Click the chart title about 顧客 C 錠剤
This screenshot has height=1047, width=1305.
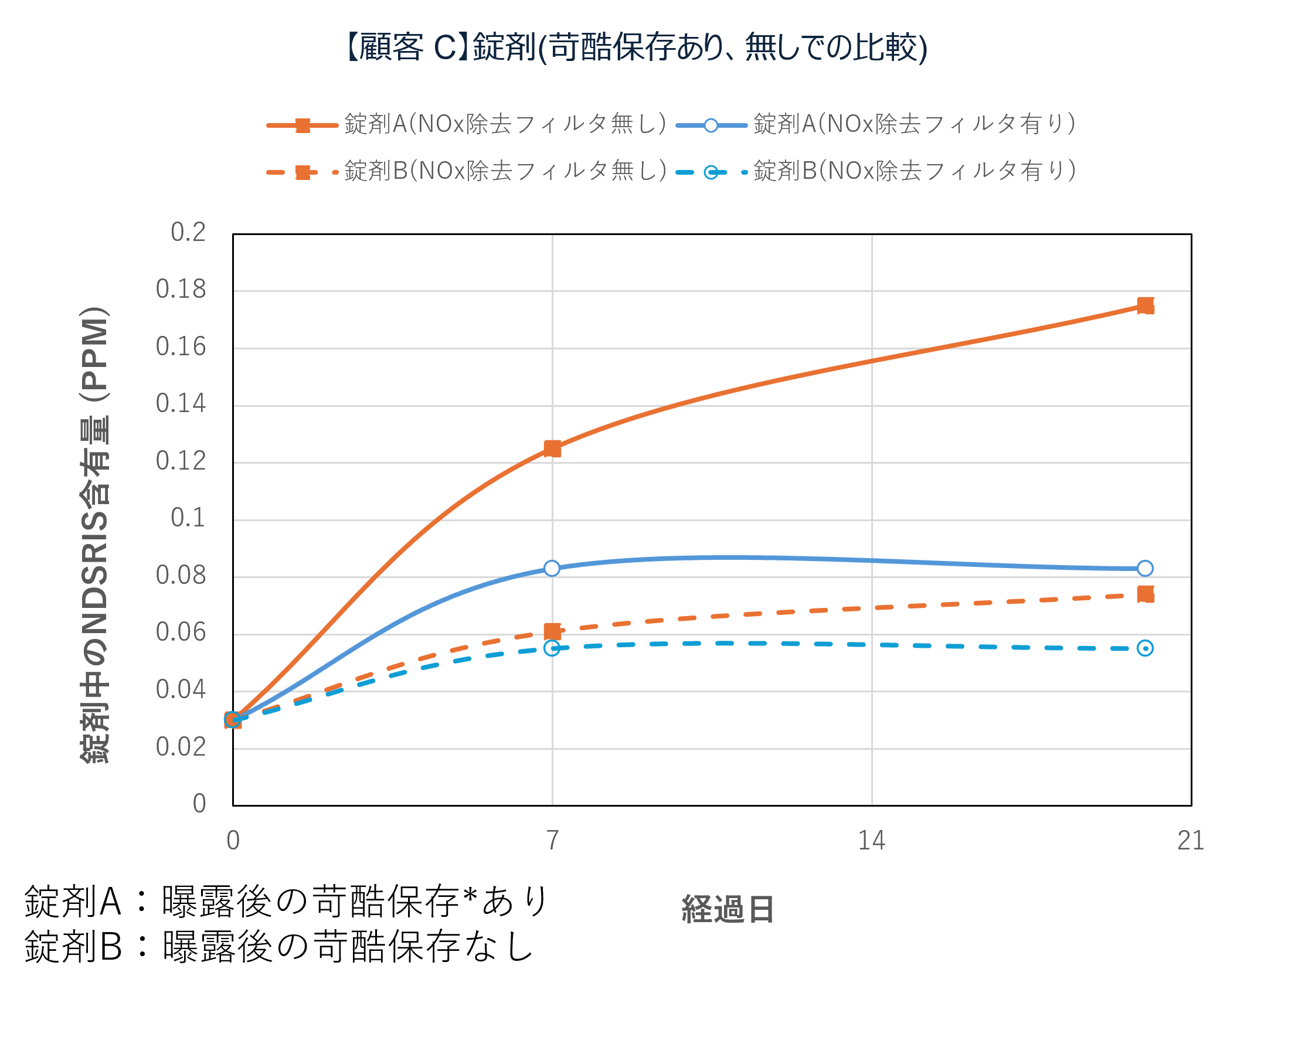635,47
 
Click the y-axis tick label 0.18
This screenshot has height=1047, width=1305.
181,289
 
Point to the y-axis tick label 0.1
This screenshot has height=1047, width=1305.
188,518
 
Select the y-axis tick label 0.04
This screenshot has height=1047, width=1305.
181,690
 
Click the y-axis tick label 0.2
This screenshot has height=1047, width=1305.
188,232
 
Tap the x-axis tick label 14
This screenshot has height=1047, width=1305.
872,841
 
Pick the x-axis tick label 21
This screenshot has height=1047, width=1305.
1191,841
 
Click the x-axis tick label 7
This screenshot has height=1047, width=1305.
552,841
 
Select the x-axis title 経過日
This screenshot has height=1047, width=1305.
728,909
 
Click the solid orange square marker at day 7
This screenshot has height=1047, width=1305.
552,448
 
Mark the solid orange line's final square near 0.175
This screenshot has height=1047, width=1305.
1145,305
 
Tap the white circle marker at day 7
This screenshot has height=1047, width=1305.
552,568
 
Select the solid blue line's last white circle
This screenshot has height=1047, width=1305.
1145,568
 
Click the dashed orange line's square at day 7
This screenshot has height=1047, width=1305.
552,632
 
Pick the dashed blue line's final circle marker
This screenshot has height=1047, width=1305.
1145,649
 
